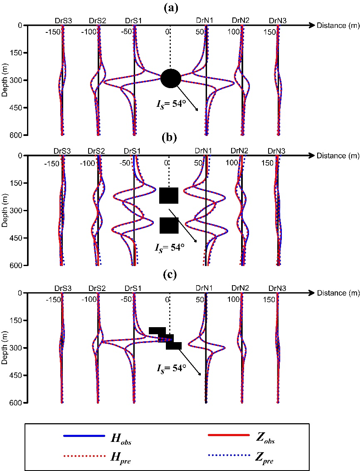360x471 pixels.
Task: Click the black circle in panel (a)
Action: [170, 79]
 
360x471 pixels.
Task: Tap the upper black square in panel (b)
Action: [169, 195]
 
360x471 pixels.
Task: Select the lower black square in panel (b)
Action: [169, 225]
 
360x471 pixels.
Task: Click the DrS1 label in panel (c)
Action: [133, 288]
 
